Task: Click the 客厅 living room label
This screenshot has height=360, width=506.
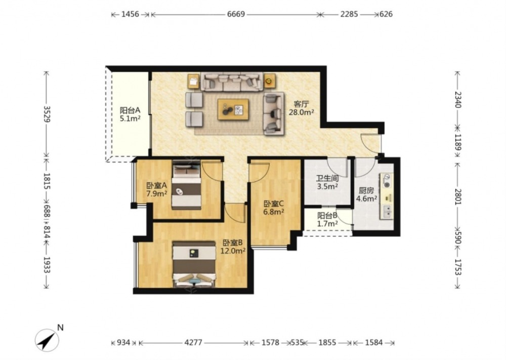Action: pyautogui.click(x=301, y=104)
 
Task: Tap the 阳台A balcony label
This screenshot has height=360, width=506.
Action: pyautogui.click(x=130, y=110)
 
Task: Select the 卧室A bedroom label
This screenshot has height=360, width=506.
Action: pyautogui.click(x=156, y=186)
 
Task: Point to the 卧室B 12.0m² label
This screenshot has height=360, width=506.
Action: pyautogui.click(x=233, y=247)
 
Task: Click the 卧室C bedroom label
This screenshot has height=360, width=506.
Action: pyautogui.click(x=274, y=204)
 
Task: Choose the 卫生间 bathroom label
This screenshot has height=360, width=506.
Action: pyautogui.click(x=327, y=178)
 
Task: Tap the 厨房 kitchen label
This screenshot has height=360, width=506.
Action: pyautogui.click(x=366, y=190)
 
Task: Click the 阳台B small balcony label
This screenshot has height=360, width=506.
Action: pyautogui.click(x=327, y=215)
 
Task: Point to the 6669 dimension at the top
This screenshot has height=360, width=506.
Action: pyautogui.click(x=236, y=14)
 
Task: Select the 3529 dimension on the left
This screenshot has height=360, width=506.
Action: pyautogui.click(x=47, y=114)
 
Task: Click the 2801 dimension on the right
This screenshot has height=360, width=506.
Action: pyautogui.click(x=458, y=196)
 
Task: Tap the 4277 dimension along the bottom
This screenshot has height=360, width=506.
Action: pyautogui.click(x=193, y=343)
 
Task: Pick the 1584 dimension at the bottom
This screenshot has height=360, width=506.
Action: pyautogui.click(x=374, y=343)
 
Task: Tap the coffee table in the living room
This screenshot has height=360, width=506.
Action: pyautogui.click(x=233, y=109)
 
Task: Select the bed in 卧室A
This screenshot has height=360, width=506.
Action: pyautogui.click(x=186, y=185)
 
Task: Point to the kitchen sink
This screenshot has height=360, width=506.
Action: pyautogui.click(x=387, y=212)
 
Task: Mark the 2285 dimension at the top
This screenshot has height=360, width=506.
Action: pyautogui.click(x=349, y=14)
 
